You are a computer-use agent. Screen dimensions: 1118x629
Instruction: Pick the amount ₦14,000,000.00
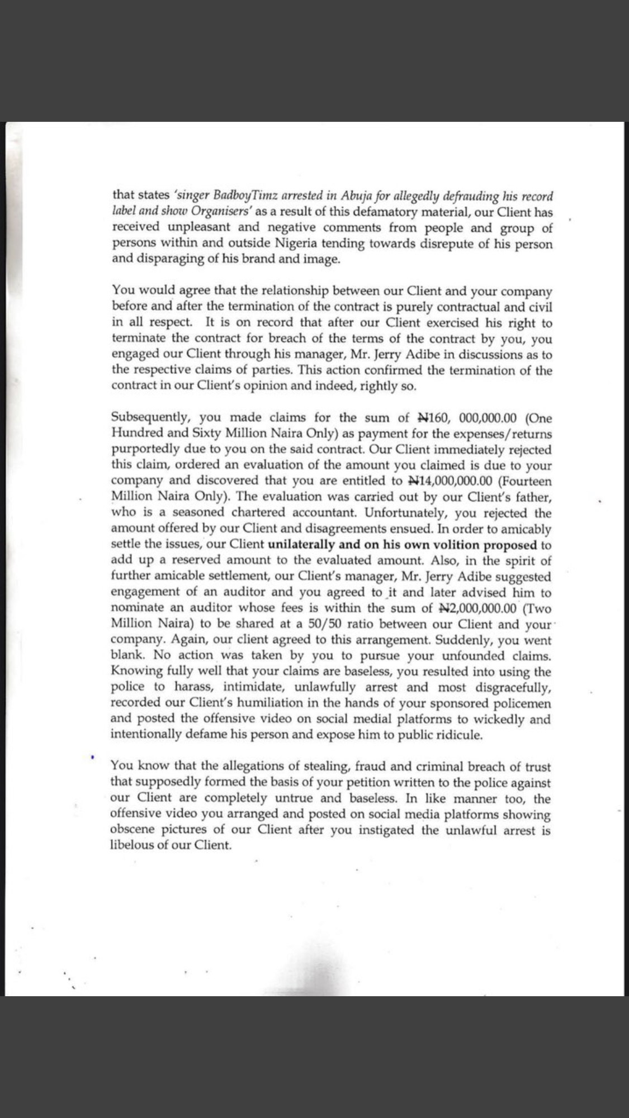(451, 480)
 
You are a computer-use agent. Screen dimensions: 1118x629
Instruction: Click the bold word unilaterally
(304, 544)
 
